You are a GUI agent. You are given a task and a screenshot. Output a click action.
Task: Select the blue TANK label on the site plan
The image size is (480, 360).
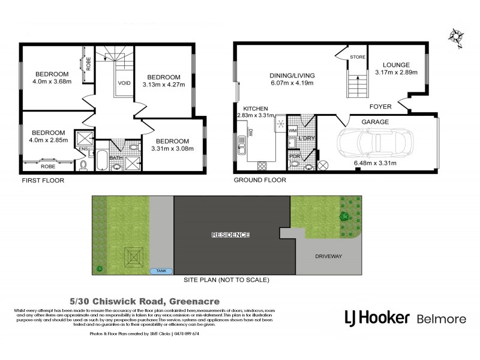(x=160, y=271)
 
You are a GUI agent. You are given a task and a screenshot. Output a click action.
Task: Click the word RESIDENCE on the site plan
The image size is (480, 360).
(x=231, y=235)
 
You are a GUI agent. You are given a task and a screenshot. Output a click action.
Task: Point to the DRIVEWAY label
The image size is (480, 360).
(x=328, y=256)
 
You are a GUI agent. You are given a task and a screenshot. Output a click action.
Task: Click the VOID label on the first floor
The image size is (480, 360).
(x=124, y=83)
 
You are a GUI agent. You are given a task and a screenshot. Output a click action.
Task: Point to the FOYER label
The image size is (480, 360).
(x=381, y=106)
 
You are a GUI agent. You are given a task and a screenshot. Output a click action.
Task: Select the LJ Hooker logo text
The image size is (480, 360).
(x=376, y=318)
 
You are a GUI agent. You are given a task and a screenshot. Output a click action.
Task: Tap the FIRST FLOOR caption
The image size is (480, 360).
(x=43, y=179)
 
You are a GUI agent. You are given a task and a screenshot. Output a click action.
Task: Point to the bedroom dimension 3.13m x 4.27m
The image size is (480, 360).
(x=164, y=85)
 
